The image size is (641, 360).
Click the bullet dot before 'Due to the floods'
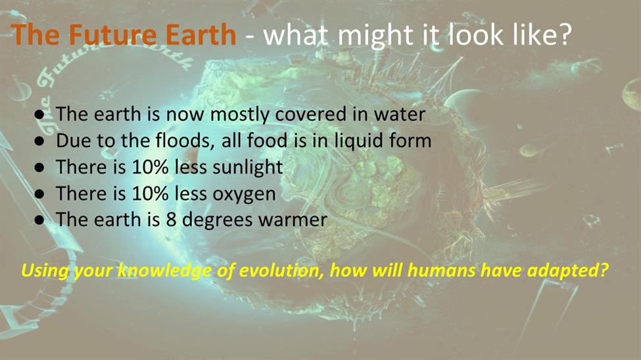point(39,141)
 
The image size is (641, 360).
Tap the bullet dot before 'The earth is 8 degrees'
point(39,220)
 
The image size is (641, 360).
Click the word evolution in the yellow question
point(281,271)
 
